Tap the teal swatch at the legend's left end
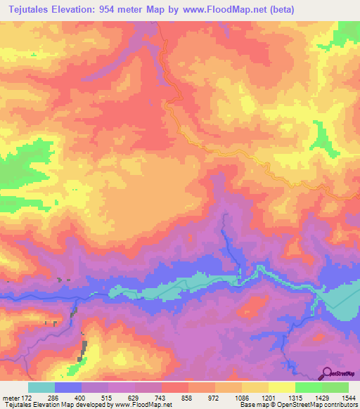tap(41, 387)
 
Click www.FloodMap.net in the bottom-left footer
tap(143, 405)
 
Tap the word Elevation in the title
tap(89, 9)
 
